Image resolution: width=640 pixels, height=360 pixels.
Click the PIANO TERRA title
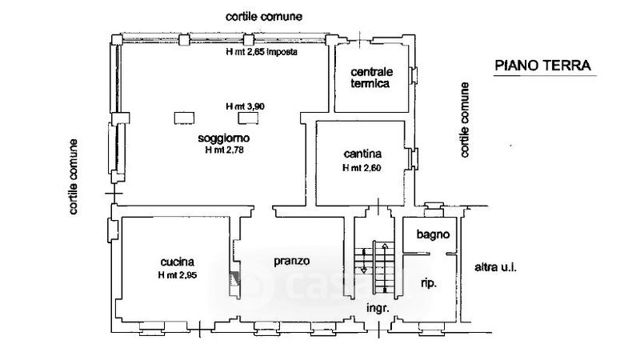click(x=542, y=66)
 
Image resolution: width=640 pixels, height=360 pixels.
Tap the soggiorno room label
click(x=224, y=138)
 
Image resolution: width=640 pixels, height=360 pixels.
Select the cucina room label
click(x=177, y=262)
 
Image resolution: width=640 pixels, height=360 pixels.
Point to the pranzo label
click(x=291, y=261)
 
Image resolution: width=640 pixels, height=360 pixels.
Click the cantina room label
click(x=362, y=154)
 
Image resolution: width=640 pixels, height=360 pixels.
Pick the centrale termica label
click(x=371, y=78)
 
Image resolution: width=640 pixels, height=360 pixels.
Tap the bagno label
click(x=433, y=234)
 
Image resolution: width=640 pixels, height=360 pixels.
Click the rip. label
click(x=429, y=283)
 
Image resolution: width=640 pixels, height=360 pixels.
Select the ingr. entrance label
click(x=378, y=308)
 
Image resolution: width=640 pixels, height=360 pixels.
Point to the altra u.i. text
click(x=495, y=268)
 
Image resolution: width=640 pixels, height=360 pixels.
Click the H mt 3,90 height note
click(x=246, y=106)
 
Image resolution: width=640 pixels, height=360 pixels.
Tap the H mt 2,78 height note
click(x=224, y=150)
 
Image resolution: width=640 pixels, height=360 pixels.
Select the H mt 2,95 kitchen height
click(x=178, y=275)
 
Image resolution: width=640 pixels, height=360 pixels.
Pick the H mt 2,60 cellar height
click(x=362, y=168)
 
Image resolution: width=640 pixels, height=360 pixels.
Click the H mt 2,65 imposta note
click(x=262, y=52)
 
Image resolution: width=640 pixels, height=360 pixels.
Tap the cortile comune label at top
click(x=264, y=17)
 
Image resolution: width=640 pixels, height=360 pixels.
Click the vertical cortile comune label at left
click(x=73, y=177)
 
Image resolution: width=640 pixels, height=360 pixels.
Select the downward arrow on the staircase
click(x=364, y=261)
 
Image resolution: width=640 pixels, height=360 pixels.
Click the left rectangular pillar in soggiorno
click(x=184, y=118)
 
